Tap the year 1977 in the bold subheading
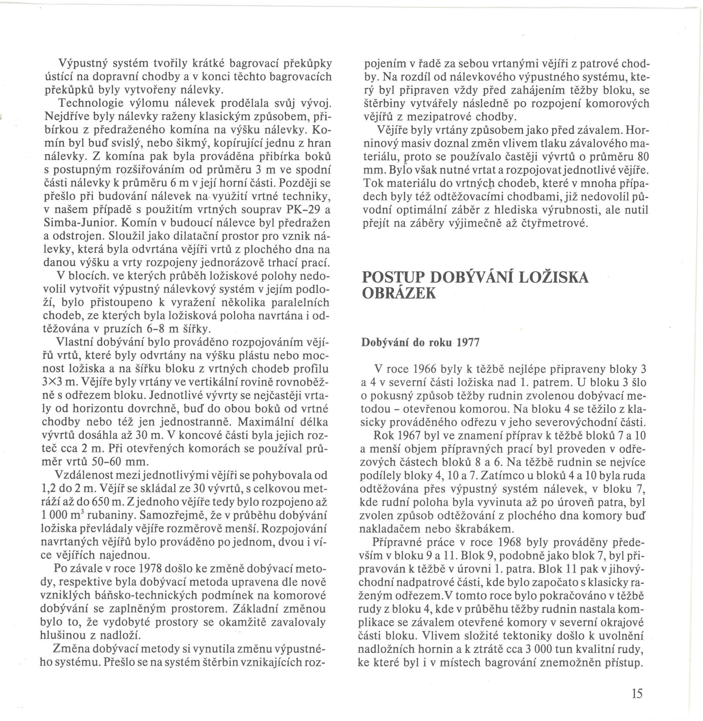(x=468, y=342)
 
